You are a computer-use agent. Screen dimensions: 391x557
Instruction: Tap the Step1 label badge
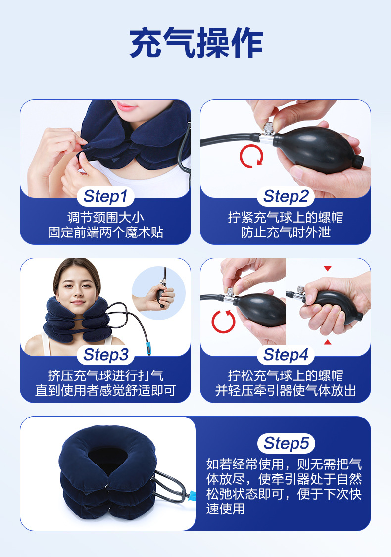pyautogui.click(x=105, y=196)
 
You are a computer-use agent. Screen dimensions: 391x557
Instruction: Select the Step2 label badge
pyautogui.click(x=286, y=196)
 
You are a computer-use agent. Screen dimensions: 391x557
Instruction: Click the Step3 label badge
pyautogui.click(x=105, y=355)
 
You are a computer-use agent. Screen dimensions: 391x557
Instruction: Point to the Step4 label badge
pyautogui.click(x=286, y=355)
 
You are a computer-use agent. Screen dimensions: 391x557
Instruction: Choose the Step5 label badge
pyautogui.click(x=286, y=443)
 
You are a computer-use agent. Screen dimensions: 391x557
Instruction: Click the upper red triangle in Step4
pyautogui.click(x=327, y=269)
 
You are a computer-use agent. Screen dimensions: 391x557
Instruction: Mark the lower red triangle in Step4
pyautogui.click(x=327, y=342)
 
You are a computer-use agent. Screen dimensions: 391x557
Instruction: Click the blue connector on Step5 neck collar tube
pyautogui.click(x=193, y=495)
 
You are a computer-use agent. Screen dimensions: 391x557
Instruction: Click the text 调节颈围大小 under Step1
pyautogui.click(x=105, y=217)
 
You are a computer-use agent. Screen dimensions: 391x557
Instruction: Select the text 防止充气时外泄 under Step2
pyautogui.click(x=286, y=232)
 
